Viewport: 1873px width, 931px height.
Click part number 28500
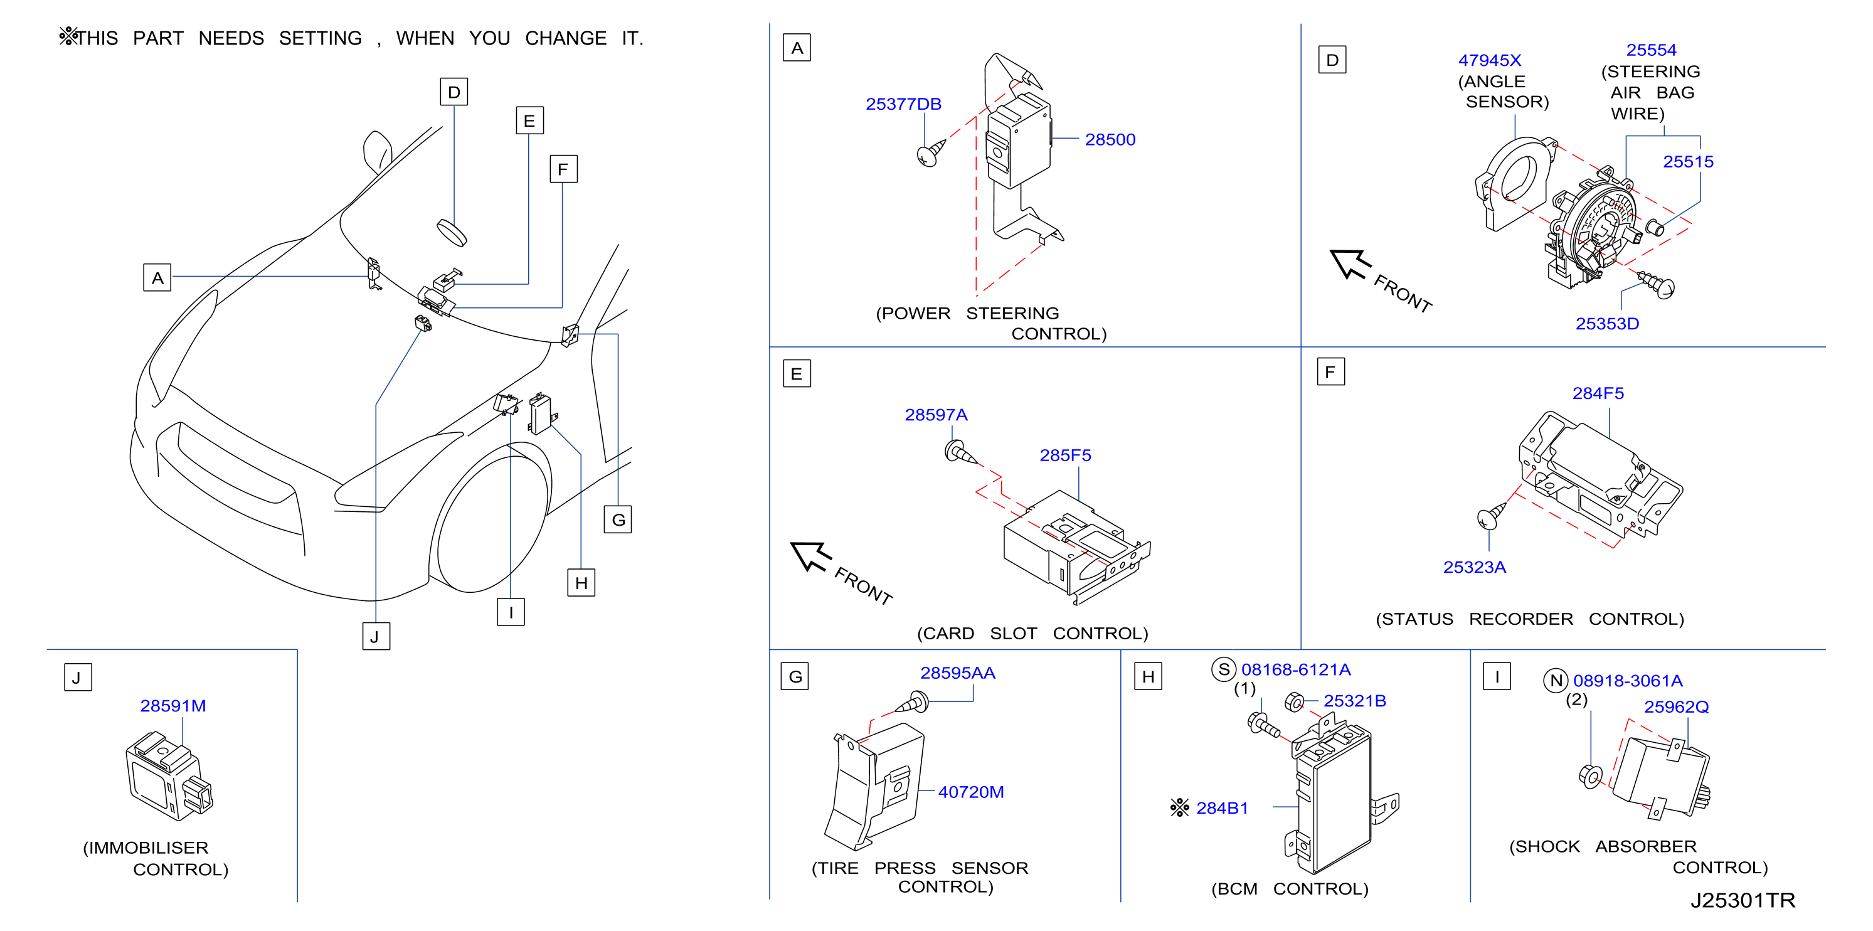coord(1110,140)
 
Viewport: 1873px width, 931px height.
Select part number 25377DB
coord(903,104)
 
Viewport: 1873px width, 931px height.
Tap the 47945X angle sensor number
coord(1489,60)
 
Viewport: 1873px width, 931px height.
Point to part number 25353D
coord(1607,324)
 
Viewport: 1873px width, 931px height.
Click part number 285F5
coord(1065,455)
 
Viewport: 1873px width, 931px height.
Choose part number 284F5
coord(1598,393)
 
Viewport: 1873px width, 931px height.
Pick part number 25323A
coord(1475,567)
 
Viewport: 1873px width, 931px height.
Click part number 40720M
coord(970,792)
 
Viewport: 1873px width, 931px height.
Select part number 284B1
coord(1223,808)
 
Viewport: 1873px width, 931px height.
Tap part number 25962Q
coord(1676,707)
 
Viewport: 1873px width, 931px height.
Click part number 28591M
coord(173,706)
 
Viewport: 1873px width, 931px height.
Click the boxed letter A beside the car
coord(157,278)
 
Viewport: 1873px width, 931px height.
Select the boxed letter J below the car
coord(376,636)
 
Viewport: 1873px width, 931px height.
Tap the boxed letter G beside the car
coord(618,519)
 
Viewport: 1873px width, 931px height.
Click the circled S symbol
coord(1224,670)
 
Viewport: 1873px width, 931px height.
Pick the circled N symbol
coord(1556,681)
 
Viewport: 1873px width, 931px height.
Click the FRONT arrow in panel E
coord(812,557)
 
